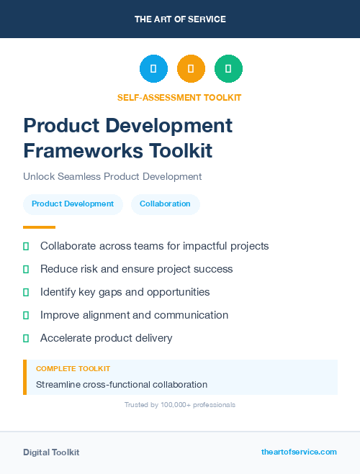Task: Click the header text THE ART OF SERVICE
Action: pos(180,19)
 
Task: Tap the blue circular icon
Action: pos(153,69)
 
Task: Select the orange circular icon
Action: pos(191,69)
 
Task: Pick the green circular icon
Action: pos(228,69)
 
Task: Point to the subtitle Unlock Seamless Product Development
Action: pos(112,176)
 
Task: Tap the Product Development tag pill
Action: pos(73,204)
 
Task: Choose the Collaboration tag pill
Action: pos(165,204)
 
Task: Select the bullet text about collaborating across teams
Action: pos(154,246)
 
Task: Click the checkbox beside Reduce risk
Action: pos(26,269)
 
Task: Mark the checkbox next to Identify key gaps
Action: pos(26,292)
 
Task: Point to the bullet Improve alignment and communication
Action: pos(134,315)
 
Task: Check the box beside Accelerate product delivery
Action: pos(26,338)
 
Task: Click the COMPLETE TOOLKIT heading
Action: pos(73,368)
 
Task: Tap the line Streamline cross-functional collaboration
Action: pos(122,385)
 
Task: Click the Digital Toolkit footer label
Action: pos(51,452)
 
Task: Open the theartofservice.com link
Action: pos(299,452)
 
